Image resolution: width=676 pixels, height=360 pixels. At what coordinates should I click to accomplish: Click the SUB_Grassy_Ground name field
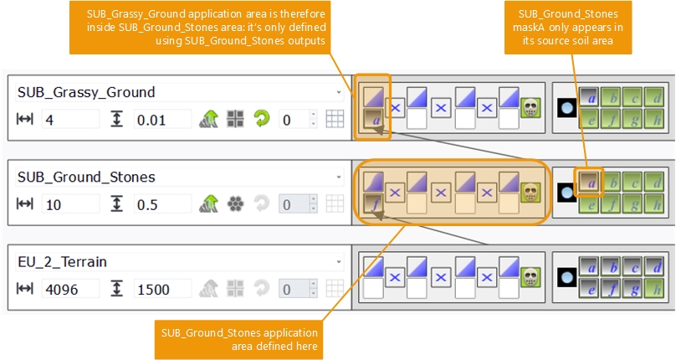click(167, 92)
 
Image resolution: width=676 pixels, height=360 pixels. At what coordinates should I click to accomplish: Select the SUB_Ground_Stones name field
click(167, 177)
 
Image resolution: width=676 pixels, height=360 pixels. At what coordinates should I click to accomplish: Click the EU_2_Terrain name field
click(167, 261)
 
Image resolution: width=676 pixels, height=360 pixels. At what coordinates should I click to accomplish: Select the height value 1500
click(162, 290)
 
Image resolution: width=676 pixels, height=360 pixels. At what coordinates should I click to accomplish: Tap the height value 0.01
click(162, 120)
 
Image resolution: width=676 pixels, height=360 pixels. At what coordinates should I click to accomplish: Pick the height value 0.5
click(162, 204)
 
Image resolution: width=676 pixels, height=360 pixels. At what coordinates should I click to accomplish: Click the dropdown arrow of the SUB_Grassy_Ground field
click(338, 92)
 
